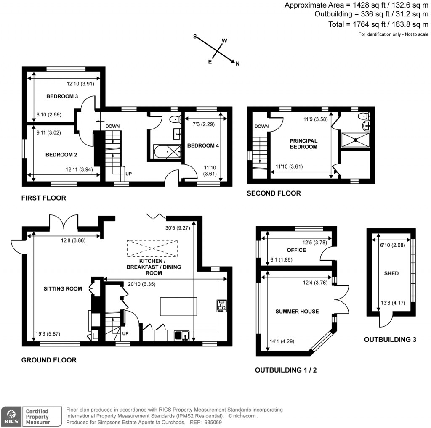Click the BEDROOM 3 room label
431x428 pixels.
pyautogui.click(x=62, y=96)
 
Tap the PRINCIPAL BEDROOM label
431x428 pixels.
pyautogui.click(x=303, y=144)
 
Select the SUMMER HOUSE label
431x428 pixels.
pyautogui.click(x=297, y=312)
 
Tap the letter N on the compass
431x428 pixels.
pyautogui.click(x=237, y=64)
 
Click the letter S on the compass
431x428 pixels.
pyautogui.click(x=195, y=37)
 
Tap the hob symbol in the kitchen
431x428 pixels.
pyautogui.click(x=221, y=306)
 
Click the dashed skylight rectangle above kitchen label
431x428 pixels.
pyautogui.click(x=153, y=248)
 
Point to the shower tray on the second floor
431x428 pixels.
pyautogui.click(x=355, y=139)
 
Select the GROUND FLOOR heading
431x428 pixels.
pyautogui.click(x=49, y=360)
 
